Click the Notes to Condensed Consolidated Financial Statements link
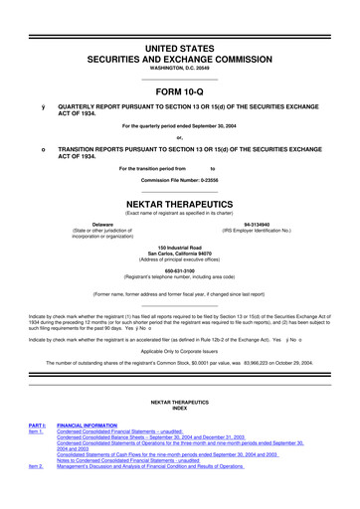click(144, 458)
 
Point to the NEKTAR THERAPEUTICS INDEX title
click(179, 405)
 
